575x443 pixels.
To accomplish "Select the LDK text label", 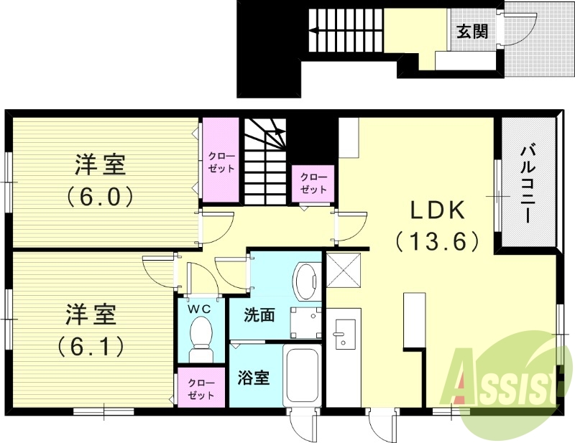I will click(438, 210).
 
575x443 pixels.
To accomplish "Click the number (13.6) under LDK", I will click(438, 242).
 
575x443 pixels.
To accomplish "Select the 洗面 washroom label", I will click(259, 315).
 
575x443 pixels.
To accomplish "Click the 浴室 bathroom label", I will click(254, 377).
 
